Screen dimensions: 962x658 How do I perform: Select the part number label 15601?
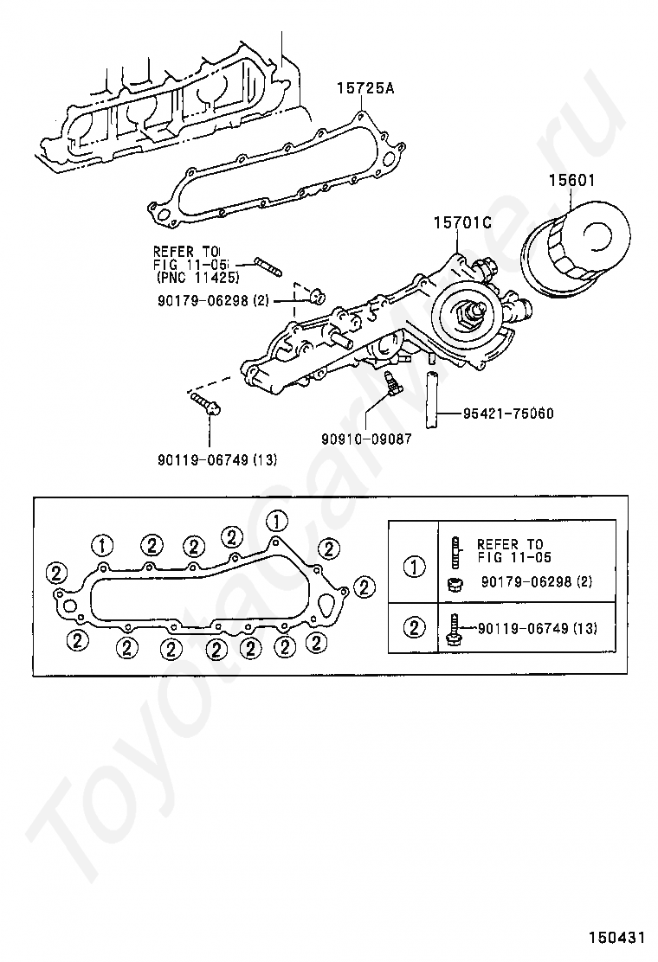[572, 182]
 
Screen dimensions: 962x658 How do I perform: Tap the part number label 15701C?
[462, 223]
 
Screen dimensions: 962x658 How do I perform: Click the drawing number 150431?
[618, 938]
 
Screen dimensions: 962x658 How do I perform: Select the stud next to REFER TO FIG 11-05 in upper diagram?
[267, 265]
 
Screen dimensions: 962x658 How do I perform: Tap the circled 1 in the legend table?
[416, 568]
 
